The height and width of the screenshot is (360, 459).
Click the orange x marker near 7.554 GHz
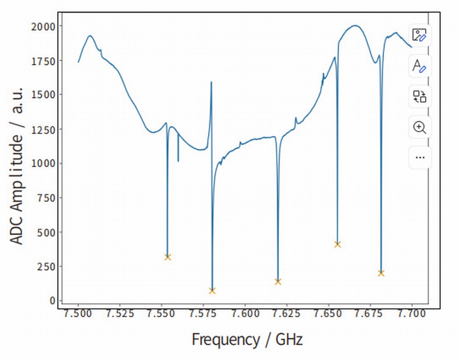tap(168, 257)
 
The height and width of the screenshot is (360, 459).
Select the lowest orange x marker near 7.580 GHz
tap(212, 291)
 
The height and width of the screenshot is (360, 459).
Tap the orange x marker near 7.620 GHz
tap(278, 282)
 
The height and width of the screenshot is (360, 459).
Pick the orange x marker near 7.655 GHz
tap(337, 244)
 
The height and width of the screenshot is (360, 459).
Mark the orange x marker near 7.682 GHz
tap(381, 273)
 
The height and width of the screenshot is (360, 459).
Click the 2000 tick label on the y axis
tap(43, 26)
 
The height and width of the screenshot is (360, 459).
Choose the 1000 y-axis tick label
tap(43, 163)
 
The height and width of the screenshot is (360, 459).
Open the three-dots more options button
tap(420, 157)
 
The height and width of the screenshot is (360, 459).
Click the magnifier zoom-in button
tap(420, 127)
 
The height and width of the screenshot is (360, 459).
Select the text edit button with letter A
tap(420, 66)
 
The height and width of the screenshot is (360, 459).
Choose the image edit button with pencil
tap(420, 35)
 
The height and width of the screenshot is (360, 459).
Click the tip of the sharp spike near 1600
tap(211, 82)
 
